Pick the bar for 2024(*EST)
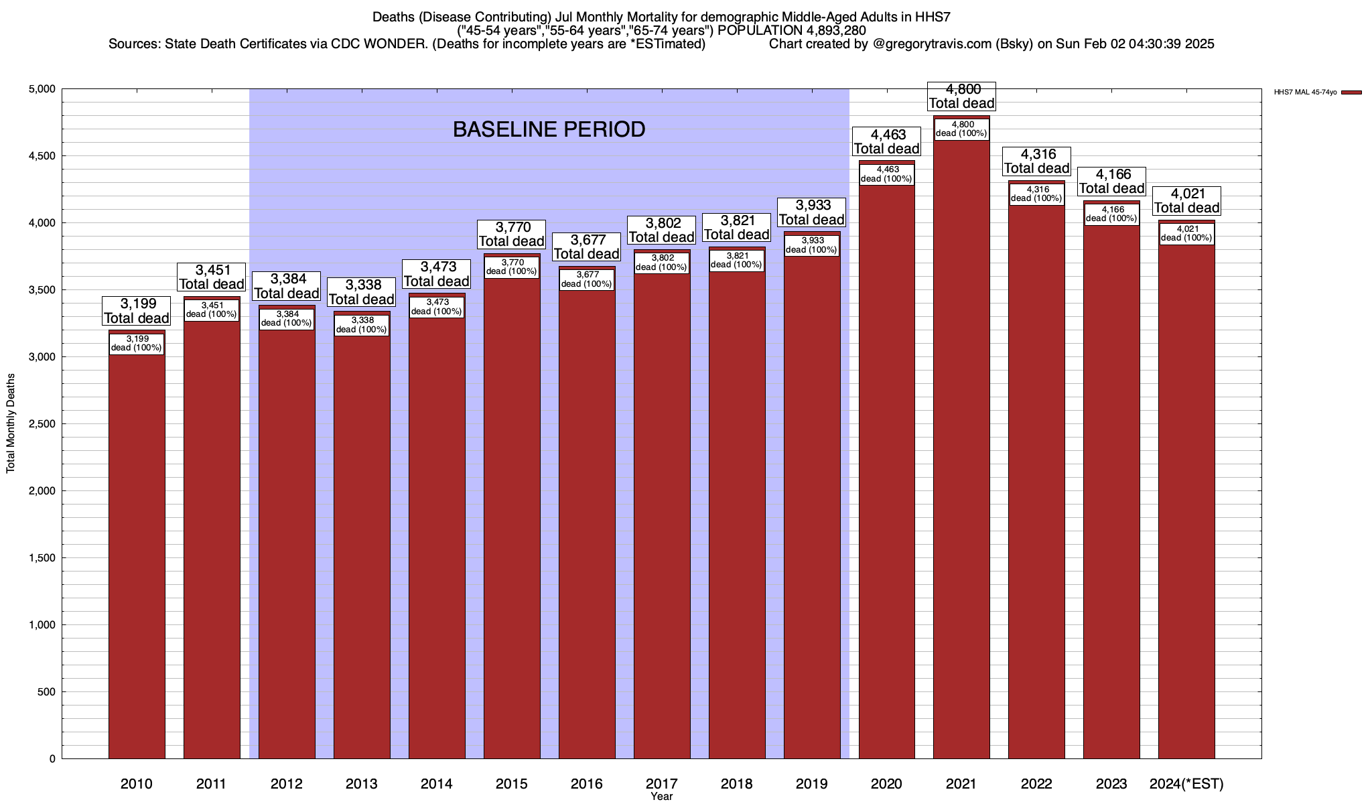1186,503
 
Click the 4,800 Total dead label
961,96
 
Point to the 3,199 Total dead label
137,311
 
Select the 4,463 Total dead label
886,141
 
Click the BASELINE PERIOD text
549,129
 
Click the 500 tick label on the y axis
47,692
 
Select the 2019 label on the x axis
811,784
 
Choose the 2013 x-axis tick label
361,784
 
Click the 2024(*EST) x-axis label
1186,784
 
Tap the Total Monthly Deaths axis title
11,423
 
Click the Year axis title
661,797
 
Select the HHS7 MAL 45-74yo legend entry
1306,92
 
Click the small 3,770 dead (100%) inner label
512,267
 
